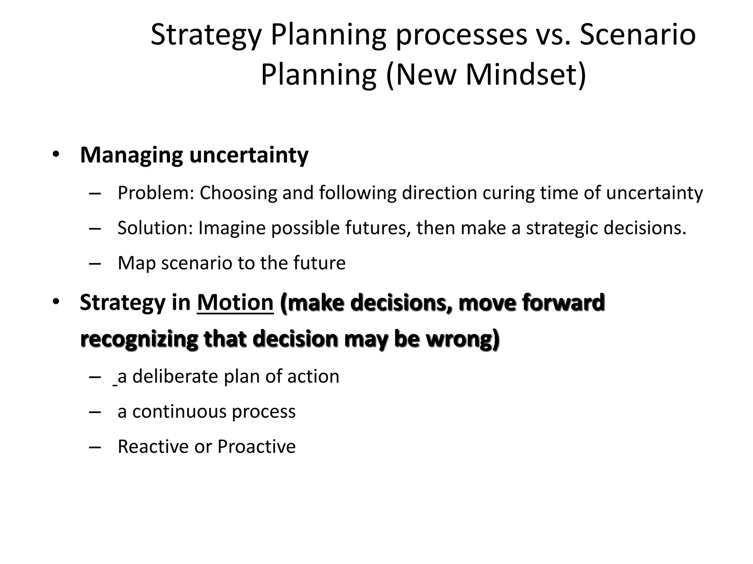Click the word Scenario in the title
point(638,36)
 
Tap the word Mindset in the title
point(525,75)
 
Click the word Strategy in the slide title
point(206,36)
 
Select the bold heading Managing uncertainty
point(194,155)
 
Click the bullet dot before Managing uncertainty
point(56,154)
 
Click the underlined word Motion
point(235,303)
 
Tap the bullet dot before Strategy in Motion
point(56,302)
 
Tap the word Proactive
point(257,447)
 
